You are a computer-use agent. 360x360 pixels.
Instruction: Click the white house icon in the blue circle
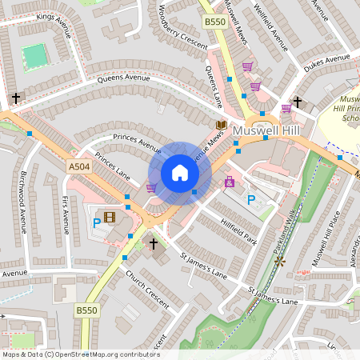point(180,173)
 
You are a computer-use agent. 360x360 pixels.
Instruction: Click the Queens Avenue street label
point(124,79)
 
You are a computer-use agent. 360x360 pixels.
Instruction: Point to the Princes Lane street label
point(111,165)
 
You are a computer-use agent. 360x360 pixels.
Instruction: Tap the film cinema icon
point(110,216)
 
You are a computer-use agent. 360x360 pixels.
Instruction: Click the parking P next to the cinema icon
point(97,223)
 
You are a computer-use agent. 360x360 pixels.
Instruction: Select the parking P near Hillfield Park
point(252,200)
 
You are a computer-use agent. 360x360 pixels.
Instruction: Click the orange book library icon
point(221,126)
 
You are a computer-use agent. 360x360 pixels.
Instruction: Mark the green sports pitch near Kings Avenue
point(34,55)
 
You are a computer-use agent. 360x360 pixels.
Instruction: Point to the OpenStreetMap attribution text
point(81,354)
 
